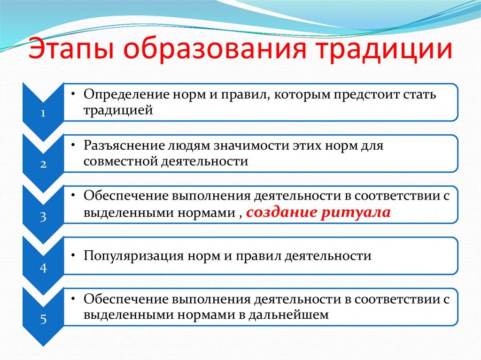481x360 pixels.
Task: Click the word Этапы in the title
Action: click(x=75, y=51)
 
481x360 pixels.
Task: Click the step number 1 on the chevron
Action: click(x=43, y=113)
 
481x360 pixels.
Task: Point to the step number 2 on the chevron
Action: click(x=43, y=165)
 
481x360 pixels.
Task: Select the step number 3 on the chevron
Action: click(x=43, y=216)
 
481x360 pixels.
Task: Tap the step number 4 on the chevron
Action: click(x=43, y=268)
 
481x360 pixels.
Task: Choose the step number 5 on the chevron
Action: click(x=43, y=320)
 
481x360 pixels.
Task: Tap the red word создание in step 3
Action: click(x=282, y=213)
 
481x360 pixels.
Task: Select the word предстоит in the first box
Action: click(x=367, y=94)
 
